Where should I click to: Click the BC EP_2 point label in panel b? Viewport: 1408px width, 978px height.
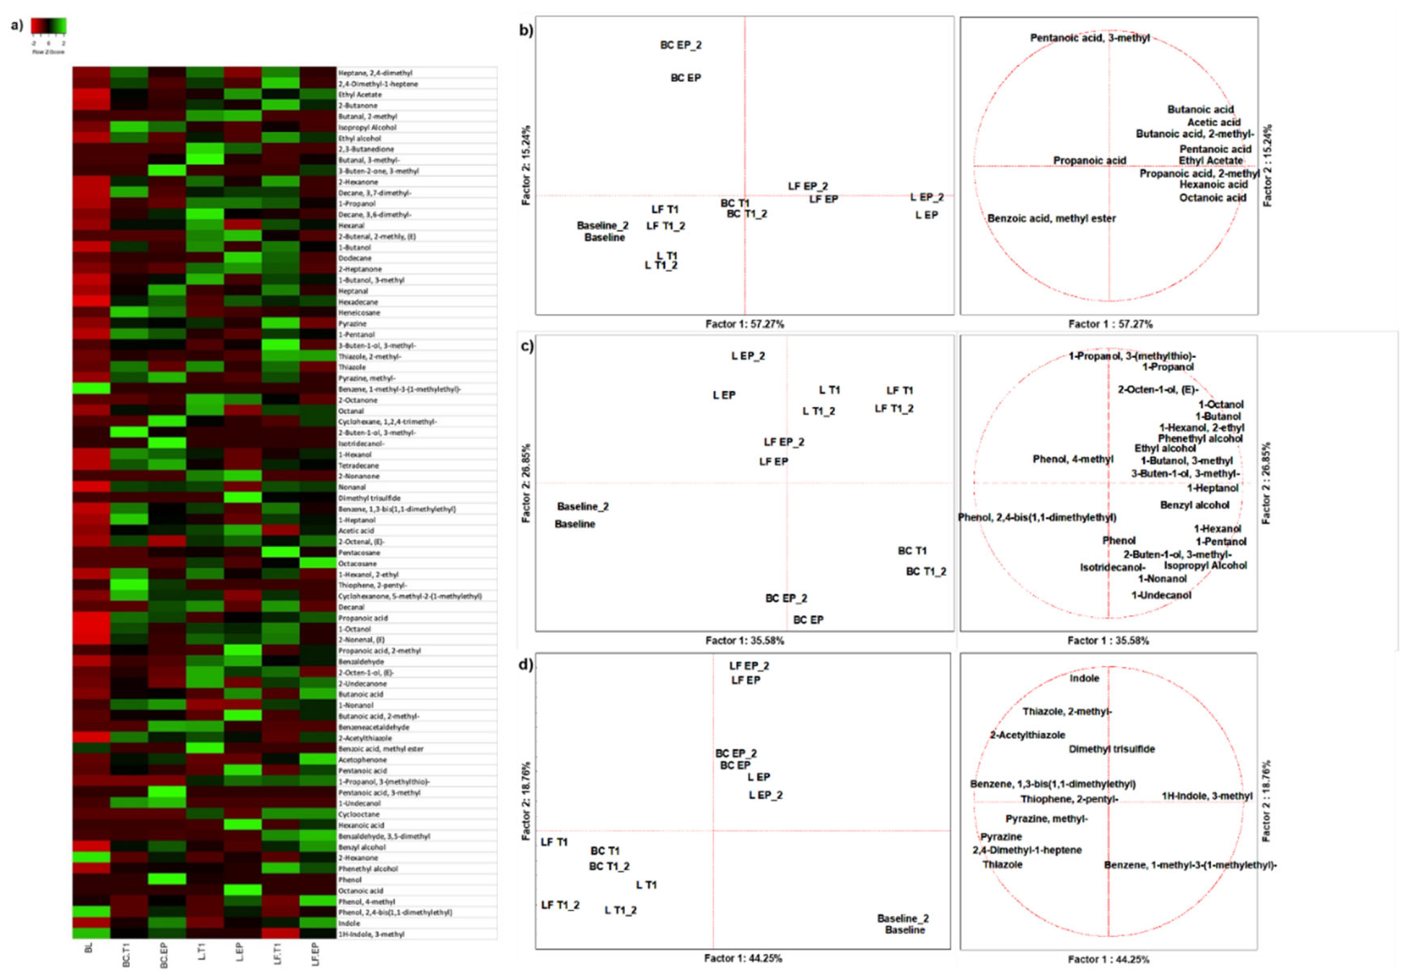(680, 45)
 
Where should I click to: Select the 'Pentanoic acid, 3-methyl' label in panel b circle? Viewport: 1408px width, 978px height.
(1089, 38)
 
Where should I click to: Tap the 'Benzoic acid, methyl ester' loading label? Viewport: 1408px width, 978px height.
(1051, 219)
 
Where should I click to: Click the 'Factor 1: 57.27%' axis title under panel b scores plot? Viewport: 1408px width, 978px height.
(744, 324)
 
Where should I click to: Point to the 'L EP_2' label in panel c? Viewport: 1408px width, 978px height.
(748, 356)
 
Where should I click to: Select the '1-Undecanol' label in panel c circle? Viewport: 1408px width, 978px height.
(1160, 595)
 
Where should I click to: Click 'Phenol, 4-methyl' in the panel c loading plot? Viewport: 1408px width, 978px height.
(1072, 459)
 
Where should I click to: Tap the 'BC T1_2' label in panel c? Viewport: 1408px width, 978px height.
(925, 572)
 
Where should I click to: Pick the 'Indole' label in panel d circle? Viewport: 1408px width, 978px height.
(1084, 678)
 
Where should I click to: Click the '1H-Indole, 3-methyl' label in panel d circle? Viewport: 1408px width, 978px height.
(1206, 796)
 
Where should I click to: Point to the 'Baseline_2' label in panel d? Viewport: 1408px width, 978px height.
(902, 919)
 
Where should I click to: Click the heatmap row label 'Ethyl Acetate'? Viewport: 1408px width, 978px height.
(360, 95)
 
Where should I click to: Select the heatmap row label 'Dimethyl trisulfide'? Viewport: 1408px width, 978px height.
(369, 498)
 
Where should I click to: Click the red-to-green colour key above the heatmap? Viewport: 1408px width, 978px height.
(48, 26)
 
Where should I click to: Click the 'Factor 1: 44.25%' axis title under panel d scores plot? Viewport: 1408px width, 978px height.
(743, 959)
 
